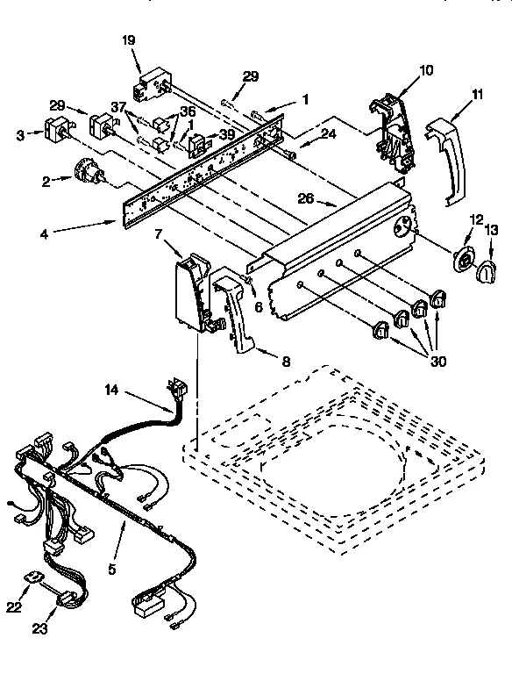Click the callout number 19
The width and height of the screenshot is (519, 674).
(x=128, y=39)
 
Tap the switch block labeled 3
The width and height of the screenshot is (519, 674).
(x=57, y=133)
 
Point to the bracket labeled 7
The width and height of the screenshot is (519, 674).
(x=191, y=290)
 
